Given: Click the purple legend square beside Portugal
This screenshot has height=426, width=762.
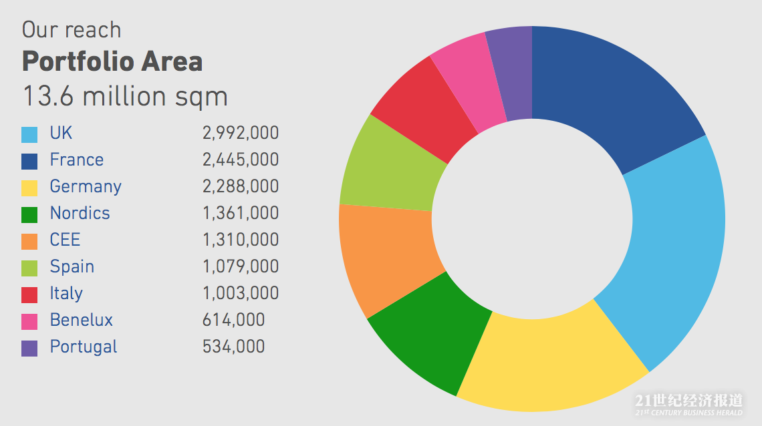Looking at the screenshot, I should [29, 348].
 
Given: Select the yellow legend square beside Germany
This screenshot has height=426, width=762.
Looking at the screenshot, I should [29, 188].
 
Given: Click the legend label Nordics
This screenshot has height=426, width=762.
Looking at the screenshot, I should [80, 214].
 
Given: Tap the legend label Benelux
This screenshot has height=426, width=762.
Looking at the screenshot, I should [81, 321].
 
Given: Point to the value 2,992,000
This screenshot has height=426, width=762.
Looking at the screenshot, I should [240, 134].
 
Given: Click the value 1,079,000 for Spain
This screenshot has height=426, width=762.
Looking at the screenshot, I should [240, 267].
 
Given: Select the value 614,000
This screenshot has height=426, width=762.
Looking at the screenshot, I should [233, 321].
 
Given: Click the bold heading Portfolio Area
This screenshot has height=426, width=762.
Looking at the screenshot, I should [112, 62].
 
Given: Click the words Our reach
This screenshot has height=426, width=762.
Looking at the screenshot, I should [72, 30].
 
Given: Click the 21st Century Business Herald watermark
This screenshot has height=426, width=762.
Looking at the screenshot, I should [688, 404].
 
